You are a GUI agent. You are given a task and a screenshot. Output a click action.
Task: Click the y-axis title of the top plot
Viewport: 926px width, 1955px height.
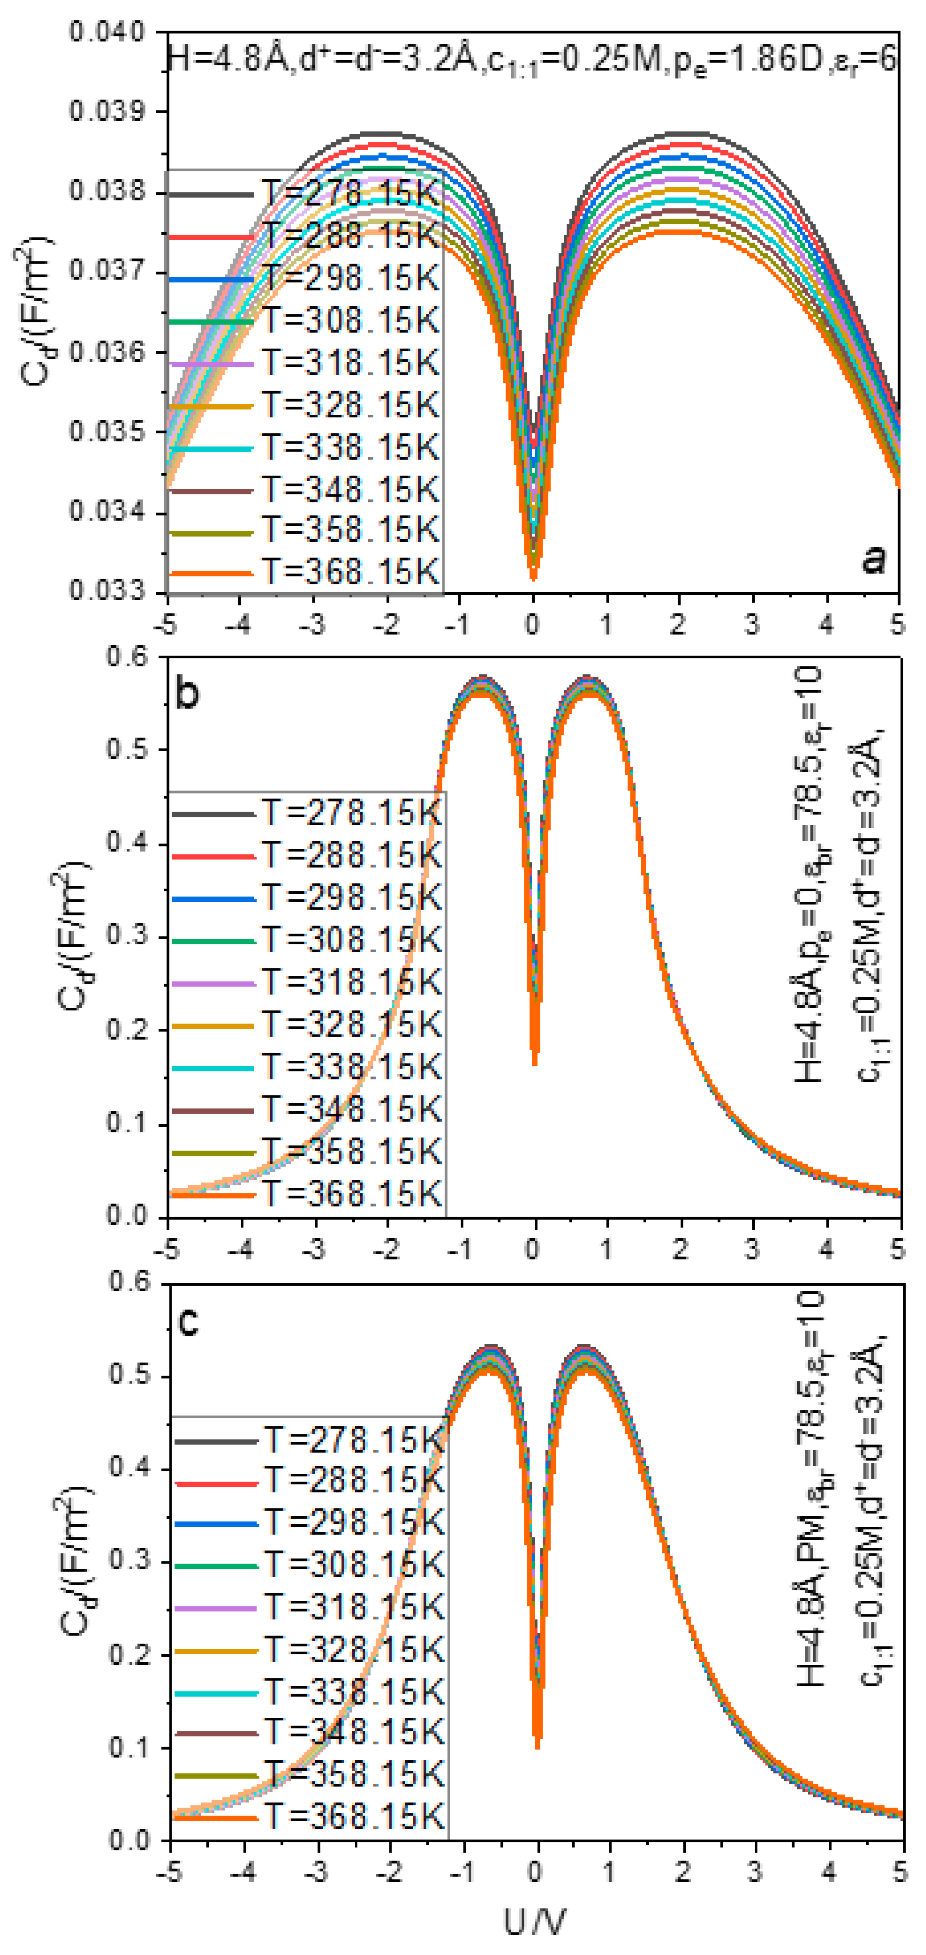35,311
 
